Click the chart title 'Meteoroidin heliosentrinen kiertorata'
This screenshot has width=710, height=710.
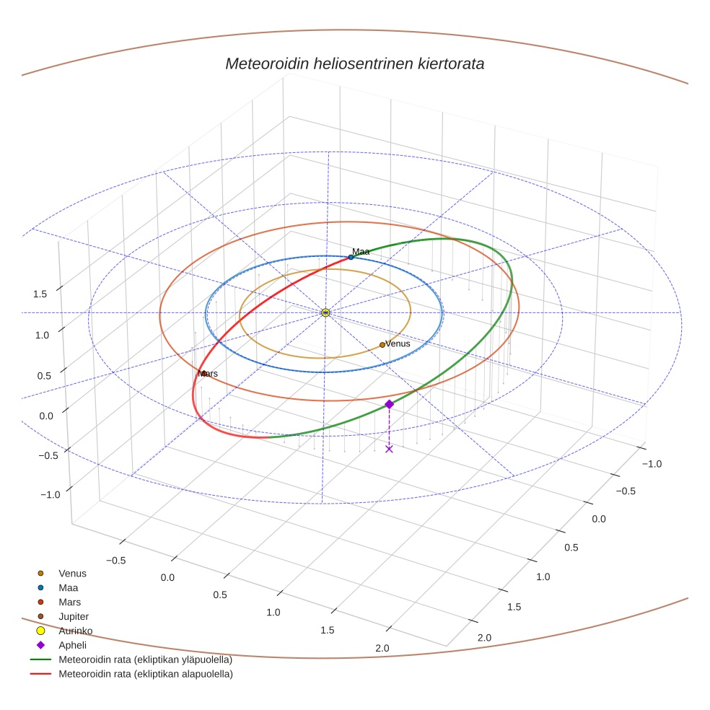354,63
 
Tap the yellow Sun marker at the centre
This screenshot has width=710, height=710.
325,312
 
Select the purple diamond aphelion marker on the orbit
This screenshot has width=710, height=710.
389,404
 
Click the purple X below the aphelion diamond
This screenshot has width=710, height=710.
389,449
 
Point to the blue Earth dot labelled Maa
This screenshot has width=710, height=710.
351,257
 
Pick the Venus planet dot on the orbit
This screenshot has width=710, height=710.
382,345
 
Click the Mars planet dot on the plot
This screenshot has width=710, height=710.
204,373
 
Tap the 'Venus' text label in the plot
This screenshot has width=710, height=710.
398,343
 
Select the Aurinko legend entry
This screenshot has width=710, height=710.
75,631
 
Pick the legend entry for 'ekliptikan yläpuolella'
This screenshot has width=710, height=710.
145,659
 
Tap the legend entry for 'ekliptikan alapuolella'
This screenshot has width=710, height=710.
145,674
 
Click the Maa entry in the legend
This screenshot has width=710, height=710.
68,587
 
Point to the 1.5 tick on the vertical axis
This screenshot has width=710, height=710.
40,294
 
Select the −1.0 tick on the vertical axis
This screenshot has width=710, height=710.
50,494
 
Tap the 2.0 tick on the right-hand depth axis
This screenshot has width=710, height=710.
483,637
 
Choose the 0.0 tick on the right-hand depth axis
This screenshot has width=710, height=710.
598,520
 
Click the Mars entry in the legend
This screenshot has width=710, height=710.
69,602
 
